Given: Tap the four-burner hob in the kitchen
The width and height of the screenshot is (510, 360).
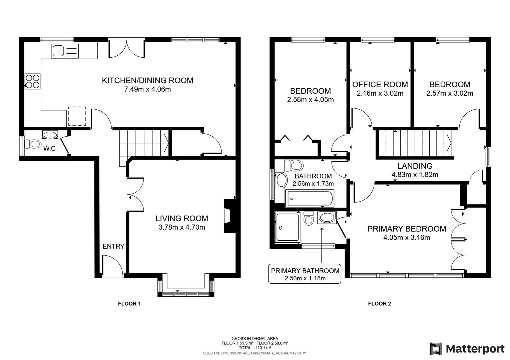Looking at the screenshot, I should click(32, 81).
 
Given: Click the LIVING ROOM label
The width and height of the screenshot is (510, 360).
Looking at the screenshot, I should click(181, 218).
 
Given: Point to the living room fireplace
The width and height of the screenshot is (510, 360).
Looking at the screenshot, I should click(229, 216).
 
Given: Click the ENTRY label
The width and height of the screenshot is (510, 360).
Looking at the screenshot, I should click(113, 246).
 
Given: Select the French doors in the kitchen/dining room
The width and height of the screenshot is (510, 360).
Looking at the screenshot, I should click(127, 49).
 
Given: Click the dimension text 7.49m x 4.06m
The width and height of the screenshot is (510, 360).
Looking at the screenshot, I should click(147, 89).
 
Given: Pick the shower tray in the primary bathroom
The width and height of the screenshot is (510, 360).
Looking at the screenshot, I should click(287, 227).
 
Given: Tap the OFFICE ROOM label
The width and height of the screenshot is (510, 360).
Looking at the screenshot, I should click(380, 84).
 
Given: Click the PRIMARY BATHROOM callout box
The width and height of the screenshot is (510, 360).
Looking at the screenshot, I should click(305, 274).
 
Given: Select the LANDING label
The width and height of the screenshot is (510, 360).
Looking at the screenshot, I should click(415, 166).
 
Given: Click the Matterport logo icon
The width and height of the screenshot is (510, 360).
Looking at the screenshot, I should click(436, 349).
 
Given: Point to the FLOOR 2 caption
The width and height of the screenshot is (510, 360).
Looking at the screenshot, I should click(379, 304).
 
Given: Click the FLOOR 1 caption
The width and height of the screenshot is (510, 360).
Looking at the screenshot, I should click(129, 304).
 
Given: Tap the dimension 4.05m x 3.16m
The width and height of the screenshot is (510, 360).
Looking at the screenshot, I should click(407, 238).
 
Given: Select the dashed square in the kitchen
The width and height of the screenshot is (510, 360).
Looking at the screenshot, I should click(77, 116).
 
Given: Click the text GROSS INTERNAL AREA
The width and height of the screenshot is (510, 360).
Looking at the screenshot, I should click(254, 338).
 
